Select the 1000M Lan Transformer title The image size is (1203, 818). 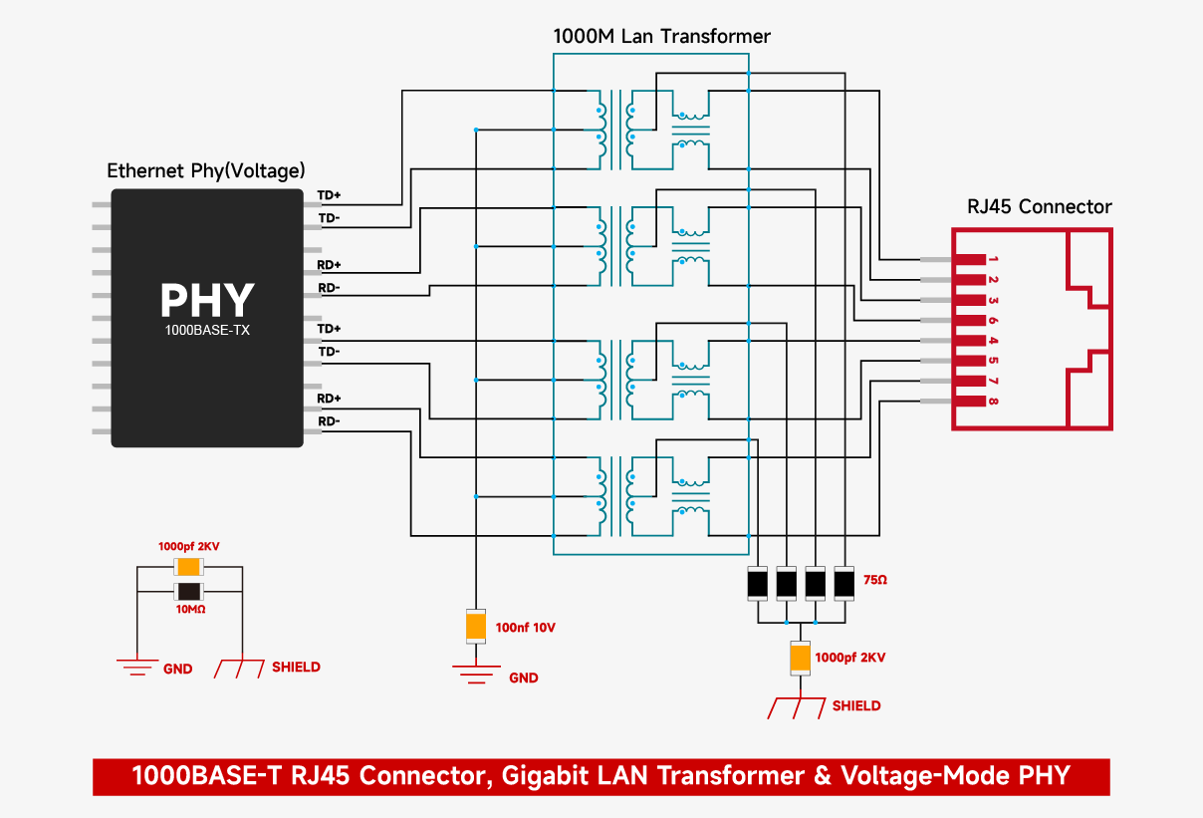tap(661, 37)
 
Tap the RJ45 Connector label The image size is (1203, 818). tap(1039, 207)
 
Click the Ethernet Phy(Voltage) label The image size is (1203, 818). tap(206, 171)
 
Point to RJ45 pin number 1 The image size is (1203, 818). tap(993, 260)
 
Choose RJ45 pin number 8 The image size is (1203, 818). tap(993, 402)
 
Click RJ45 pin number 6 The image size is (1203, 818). tap(993, 321)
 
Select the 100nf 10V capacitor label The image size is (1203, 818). tap(524, 628)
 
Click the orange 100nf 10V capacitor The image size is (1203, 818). tap(476, 627)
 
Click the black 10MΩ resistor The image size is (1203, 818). tap(189, 592)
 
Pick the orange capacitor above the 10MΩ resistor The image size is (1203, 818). tap(189, 567)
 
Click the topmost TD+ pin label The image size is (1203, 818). tap(330, 195)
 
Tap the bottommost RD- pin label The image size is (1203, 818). tap(330, 421)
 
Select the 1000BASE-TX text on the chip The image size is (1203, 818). tap(207, 330)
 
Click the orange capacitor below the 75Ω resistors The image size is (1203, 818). tap(800, 658)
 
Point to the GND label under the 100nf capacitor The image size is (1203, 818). tap(523, 679)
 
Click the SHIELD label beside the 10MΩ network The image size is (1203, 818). tap(296, 668)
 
